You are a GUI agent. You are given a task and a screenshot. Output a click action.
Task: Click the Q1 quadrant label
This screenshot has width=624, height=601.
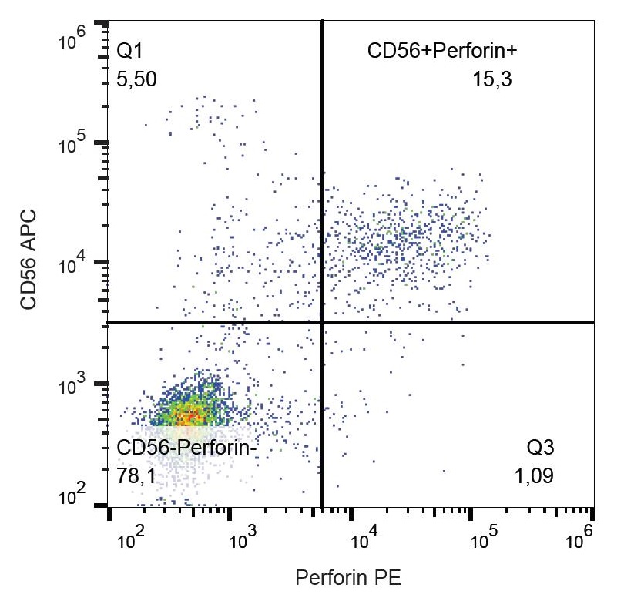[129, 52]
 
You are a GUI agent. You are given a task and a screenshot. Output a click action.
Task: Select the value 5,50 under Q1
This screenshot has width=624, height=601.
[136, 79]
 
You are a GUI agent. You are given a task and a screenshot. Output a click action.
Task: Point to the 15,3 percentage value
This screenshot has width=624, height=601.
[492, 79]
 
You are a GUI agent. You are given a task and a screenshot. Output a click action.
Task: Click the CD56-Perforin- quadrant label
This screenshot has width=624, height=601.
[185, 448]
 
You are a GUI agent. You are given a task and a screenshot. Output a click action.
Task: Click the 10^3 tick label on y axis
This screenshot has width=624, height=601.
[73, 387]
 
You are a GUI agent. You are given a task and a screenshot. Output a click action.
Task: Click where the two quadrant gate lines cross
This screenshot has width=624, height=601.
[321, 323]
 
